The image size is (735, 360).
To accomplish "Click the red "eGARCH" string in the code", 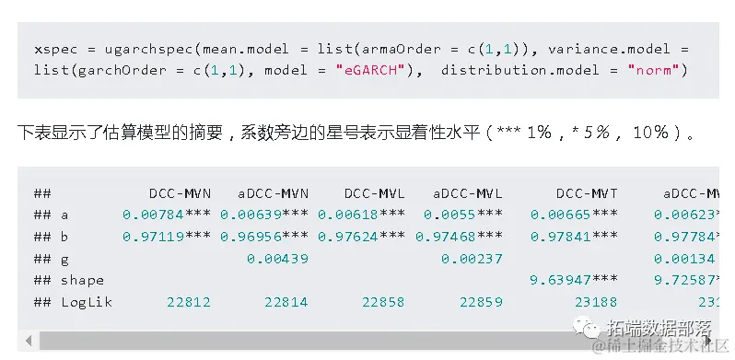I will click(x=367, y=70).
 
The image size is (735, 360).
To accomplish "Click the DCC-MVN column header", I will click(x=180, y=193).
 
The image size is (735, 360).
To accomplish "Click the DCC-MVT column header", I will click(x=587, y=193).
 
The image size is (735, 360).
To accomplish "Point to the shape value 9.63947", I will click(x=560, y=280).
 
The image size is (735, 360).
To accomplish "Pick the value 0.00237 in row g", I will click(x=472, y=259).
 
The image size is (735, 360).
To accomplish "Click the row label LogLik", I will click(x=87, y=302).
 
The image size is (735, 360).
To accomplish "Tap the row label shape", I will click(x=82, y=280).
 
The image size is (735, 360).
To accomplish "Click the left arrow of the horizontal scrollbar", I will click(x=28, y=341).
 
